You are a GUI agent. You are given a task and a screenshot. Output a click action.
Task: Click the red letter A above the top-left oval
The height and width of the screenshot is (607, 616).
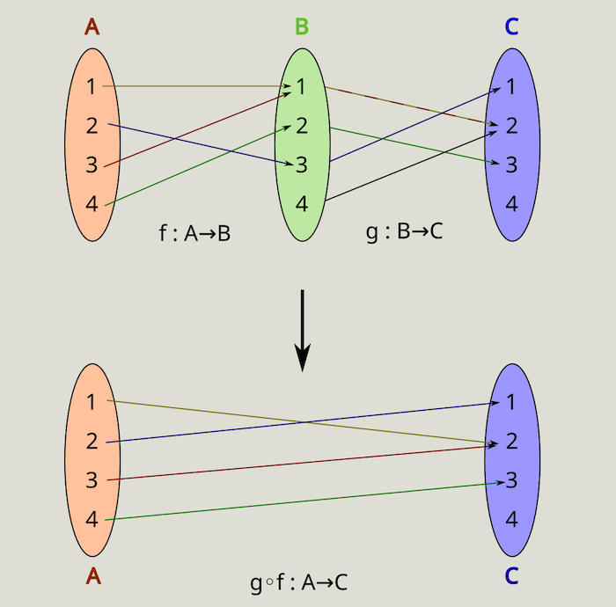coord(92,26)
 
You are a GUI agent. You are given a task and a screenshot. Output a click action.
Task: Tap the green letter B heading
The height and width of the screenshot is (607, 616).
coord(302,26)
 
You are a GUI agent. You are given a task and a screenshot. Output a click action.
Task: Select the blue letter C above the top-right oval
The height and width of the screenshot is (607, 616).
coord(511,26)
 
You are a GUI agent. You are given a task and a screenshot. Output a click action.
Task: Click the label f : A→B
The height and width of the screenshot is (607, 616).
coord(194,233)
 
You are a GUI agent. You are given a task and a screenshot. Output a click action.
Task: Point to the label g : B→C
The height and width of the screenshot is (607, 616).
coord(404,233)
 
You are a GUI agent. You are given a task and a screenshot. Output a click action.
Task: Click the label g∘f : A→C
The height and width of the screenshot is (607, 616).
coord(299,581)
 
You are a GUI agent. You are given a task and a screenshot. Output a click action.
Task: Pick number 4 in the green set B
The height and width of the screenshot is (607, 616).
coord(302,204)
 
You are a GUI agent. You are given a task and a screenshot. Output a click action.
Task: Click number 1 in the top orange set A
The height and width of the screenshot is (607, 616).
coord(92,86)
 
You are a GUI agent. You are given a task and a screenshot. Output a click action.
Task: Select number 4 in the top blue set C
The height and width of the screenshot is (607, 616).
coord(511,204)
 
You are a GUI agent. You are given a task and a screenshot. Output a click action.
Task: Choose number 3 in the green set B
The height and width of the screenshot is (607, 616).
coord(302,165)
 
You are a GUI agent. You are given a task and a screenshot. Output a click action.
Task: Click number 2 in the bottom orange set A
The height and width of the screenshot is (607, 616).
coord(92,442)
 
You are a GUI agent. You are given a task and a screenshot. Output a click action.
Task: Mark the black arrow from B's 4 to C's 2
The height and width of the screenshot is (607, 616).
coord(405,167)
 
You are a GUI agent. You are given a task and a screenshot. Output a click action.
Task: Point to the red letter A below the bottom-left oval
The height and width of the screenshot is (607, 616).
coord(92,577)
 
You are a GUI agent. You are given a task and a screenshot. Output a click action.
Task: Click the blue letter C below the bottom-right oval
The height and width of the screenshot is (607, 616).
coord(511,577)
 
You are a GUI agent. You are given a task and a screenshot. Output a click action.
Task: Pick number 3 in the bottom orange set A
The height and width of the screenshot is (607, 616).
coord(92,480)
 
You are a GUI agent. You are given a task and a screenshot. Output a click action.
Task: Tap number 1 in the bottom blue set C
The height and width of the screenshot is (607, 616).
coord(511,402)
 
